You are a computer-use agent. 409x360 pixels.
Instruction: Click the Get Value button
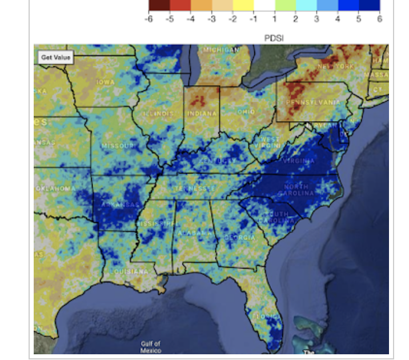(x=55, y=57)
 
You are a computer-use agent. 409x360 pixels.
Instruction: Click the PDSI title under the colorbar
(x=274, y=38)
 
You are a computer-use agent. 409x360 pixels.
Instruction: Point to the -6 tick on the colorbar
(x=149, y=19)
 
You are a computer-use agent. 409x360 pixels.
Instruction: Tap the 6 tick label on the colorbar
(x=379, y=19)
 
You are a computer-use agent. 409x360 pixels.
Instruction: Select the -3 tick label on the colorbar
(x=211, y=19)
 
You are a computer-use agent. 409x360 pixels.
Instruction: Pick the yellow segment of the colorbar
(x=243, y=6)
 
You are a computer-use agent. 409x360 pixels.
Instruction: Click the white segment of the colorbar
(x=264, y=6)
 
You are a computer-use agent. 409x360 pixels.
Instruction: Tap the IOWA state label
(x=105, y=82)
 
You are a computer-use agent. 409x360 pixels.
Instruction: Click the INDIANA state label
(x=202, y=113)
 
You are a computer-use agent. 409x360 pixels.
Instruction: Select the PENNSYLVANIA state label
(x=312, y=102)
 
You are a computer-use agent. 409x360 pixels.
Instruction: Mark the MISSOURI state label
(x=118, y=146)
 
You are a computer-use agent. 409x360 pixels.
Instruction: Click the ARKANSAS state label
(x=120, y=205)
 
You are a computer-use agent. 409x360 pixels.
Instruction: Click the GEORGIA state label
(x=239, y=237)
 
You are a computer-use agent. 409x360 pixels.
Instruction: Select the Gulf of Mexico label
(x=151, y=347)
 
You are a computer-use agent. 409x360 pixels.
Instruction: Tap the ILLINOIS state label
(x=158, y=113)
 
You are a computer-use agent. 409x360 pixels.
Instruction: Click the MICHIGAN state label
(x=219, y=50)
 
